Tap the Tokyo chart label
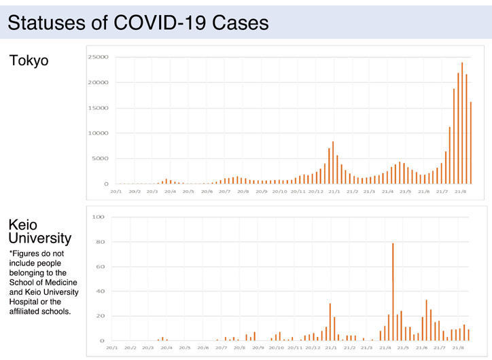pos(29,60)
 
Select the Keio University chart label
pos(39,231)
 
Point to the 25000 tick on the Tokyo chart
pos(98,57)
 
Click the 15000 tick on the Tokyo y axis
pos(98,108)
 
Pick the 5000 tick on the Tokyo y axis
pos(99,159)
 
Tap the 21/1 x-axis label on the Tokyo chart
pos(334,192)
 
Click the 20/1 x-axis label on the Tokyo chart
pos(116,192)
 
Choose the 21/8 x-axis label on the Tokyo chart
pos(459,192)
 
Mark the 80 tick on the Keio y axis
pos(101,242)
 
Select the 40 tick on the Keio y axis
pos(101,291)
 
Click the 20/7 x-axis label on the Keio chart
pos(221,348)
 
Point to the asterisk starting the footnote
pos(12,253)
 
